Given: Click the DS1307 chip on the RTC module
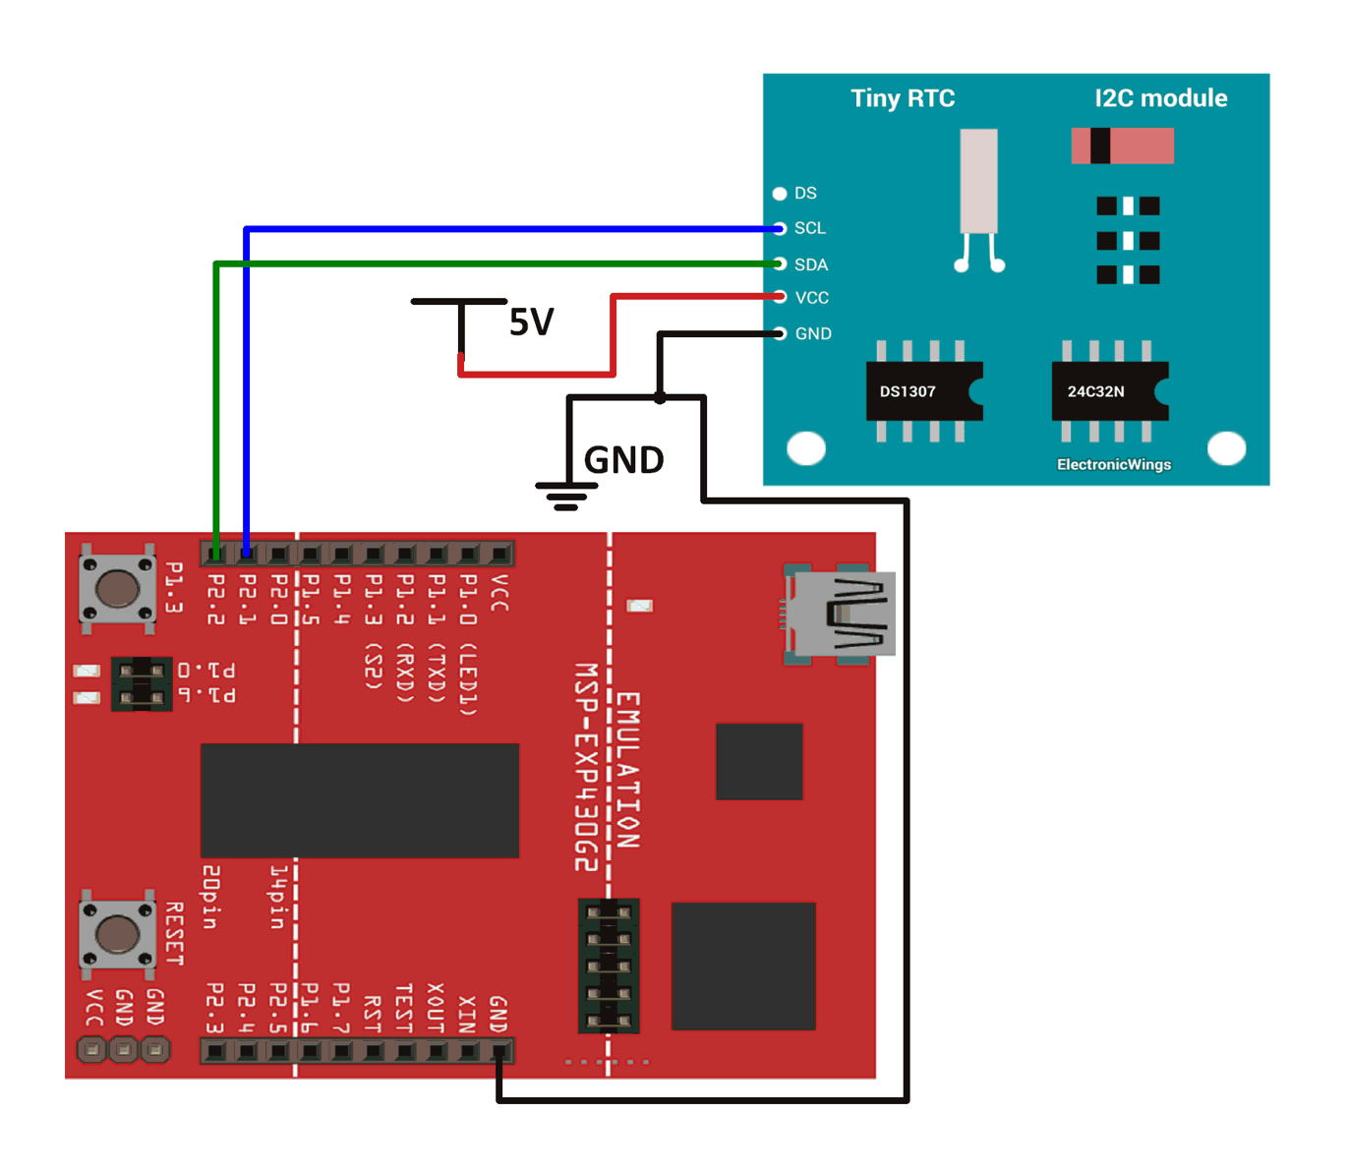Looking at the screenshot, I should [922, 391].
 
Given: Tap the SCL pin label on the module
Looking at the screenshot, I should [809, 228].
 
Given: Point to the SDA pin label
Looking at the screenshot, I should [810, 264].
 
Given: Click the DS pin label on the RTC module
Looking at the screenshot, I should [805, 193].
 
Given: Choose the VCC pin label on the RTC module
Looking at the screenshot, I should [811, 298].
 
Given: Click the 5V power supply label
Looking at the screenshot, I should [531, 322].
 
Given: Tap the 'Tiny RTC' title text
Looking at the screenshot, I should [903, 98].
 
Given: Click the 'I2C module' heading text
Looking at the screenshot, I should [1160, 98].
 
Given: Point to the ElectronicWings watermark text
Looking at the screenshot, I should [1113, 464].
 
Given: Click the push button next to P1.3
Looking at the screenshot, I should [117, 588].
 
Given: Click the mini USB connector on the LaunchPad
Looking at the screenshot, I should [842, 614].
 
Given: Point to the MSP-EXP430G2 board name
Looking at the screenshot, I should [586, 767].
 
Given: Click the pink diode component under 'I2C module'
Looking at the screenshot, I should [1122, 146].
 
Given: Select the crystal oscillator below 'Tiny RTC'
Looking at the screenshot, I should [978, 182].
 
